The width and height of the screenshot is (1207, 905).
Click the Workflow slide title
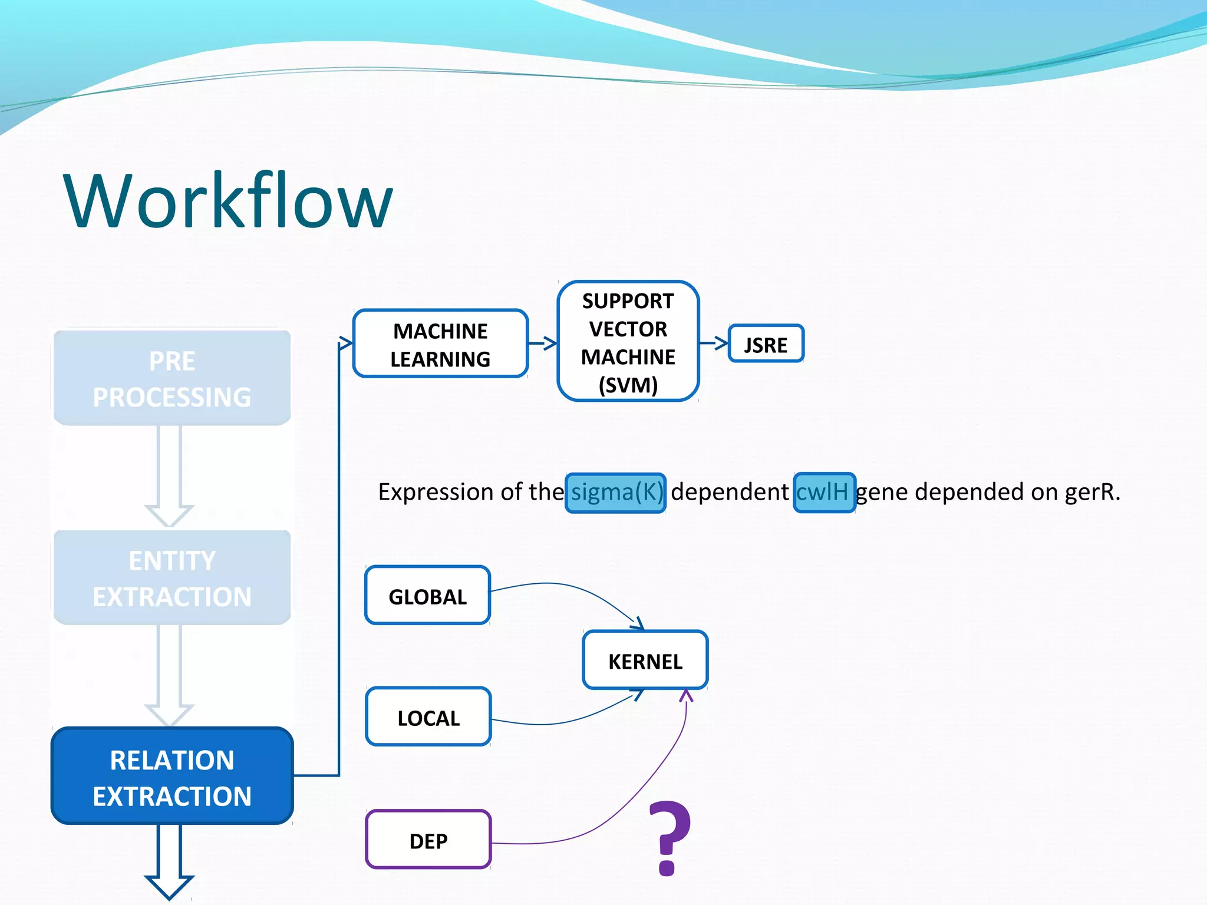(x=228, y=200)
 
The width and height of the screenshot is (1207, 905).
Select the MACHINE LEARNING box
(x=440, y=344)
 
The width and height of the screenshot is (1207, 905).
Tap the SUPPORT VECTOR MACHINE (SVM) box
(x=628, y=342)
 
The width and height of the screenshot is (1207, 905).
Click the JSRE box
(x=766, y=344)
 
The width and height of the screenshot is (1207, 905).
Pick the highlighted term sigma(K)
(x=616, y=493)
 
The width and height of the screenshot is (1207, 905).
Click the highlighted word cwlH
(x=824, y=493)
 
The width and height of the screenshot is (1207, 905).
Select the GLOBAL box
(x=428, y=596)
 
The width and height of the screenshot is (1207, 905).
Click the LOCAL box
(x=428, y=717)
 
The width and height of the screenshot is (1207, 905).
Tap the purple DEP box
(x=428, y=840)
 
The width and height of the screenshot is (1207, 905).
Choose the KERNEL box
(x=645, y=660)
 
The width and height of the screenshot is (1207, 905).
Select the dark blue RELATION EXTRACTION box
(x=172, y=777)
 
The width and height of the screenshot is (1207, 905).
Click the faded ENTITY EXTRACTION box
(x=172, y=577)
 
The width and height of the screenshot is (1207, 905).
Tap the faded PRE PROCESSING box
(x=172, y=378)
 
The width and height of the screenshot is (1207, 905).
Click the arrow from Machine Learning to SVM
(x=543, y=343)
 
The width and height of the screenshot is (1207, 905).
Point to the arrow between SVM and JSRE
(x=714, y=342)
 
